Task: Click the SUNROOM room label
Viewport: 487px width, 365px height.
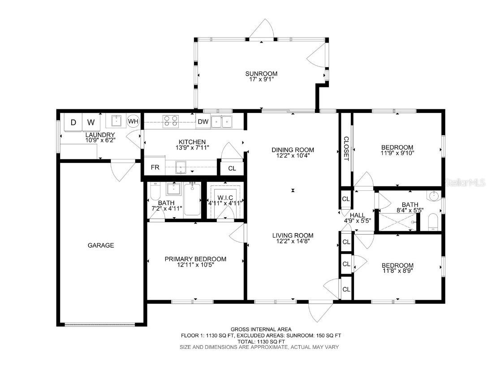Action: point(261,74)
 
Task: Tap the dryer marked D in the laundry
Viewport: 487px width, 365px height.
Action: point(73,122)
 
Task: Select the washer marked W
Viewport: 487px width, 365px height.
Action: point(91,122)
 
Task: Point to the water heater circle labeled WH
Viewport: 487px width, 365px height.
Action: point(133,121)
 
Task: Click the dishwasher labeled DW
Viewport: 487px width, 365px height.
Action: point(203,121)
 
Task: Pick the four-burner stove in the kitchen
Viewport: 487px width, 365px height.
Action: point(170,120)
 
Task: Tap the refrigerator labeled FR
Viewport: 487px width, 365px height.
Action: point(155,167)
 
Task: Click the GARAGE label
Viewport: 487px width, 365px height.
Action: point(101,245)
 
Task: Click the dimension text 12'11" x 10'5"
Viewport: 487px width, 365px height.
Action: point(195,266)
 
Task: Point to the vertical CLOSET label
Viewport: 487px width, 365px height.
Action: point(345,149)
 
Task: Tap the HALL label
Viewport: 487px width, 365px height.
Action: point(358,215)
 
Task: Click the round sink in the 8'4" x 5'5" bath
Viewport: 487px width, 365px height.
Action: point(433,196)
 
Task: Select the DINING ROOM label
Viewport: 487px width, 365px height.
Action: point(293,150)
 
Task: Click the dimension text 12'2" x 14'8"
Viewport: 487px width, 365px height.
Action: point(293,241)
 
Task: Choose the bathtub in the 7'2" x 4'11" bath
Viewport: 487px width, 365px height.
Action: point(193,200)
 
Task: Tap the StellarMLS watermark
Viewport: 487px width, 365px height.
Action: point(465,183)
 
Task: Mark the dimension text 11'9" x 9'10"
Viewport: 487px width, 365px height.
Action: point(397,153)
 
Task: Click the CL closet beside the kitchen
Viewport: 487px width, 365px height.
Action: point(232,168)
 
